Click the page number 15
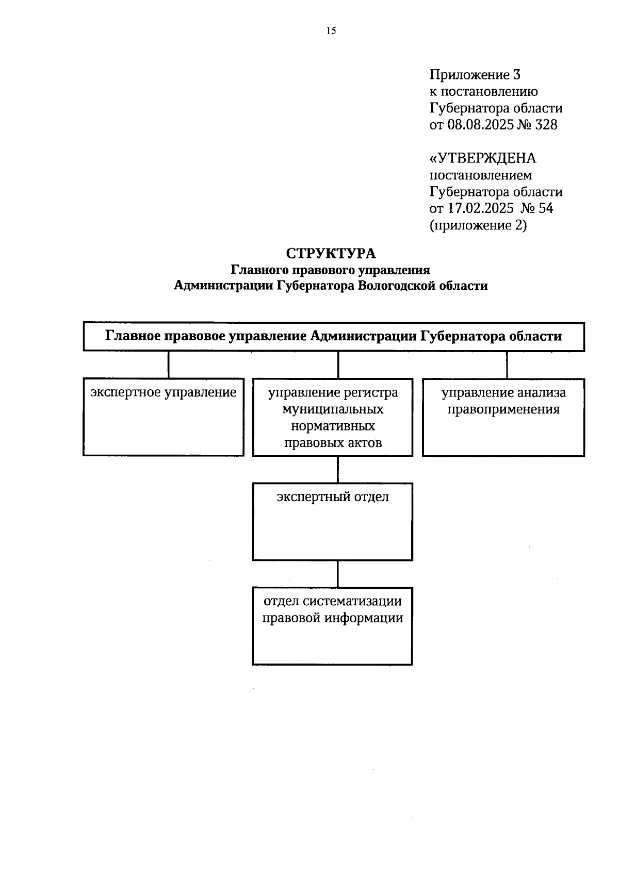(331, 31)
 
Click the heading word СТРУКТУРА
(331, 254)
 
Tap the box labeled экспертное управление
(164, 417)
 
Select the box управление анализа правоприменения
(503, 417)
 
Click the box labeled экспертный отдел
(333, 521)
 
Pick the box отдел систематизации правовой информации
(333, 625)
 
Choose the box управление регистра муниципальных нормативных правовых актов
(333, 417)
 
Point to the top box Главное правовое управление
(334, 337)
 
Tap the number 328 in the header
(546, 125)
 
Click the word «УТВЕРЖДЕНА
(483, 158)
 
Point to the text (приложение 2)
(478, 225)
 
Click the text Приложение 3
(475, 75)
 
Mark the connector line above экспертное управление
(169, 365)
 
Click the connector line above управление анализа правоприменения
(507, 365)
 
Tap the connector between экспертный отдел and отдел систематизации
(338, 573)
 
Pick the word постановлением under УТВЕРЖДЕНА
(481, 175)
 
